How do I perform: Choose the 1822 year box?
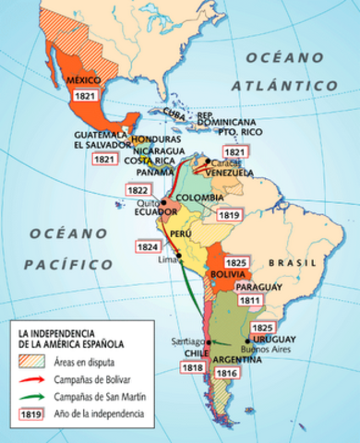click(x=137, y=189)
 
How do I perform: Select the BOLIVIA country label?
click(x=227, y=275)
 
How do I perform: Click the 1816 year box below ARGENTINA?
click(x=226, y=373)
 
